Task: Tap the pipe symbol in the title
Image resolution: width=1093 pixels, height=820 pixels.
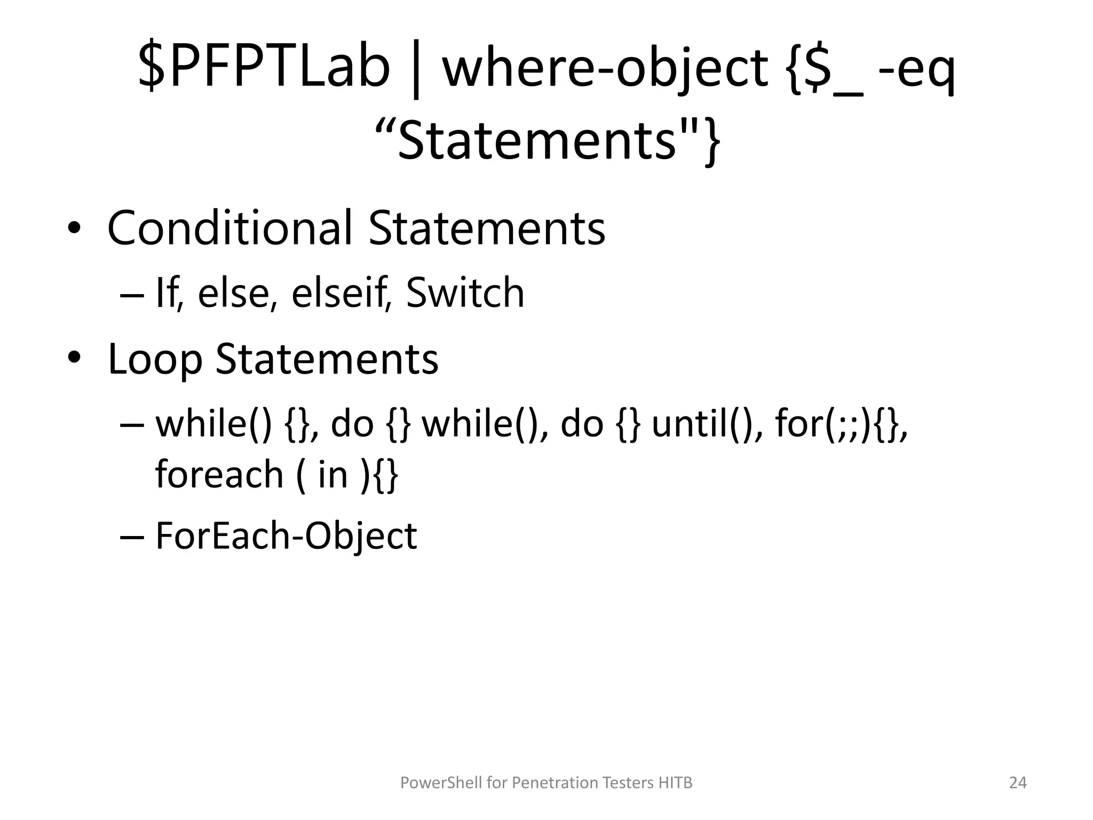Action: (x=416, y=69)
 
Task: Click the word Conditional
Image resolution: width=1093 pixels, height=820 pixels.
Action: (x=230, y=228)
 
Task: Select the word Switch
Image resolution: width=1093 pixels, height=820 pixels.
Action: (x=465, y=293)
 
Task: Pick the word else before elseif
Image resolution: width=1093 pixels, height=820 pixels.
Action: (x=234, y=294)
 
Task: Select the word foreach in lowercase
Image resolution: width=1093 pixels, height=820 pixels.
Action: (x=219, y=474)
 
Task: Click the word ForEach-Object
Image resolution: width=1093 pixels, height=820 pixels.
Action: (x=286, y=536)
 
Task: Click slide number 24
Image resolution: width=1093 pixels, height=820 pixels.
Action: (x=1018, y=783)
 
